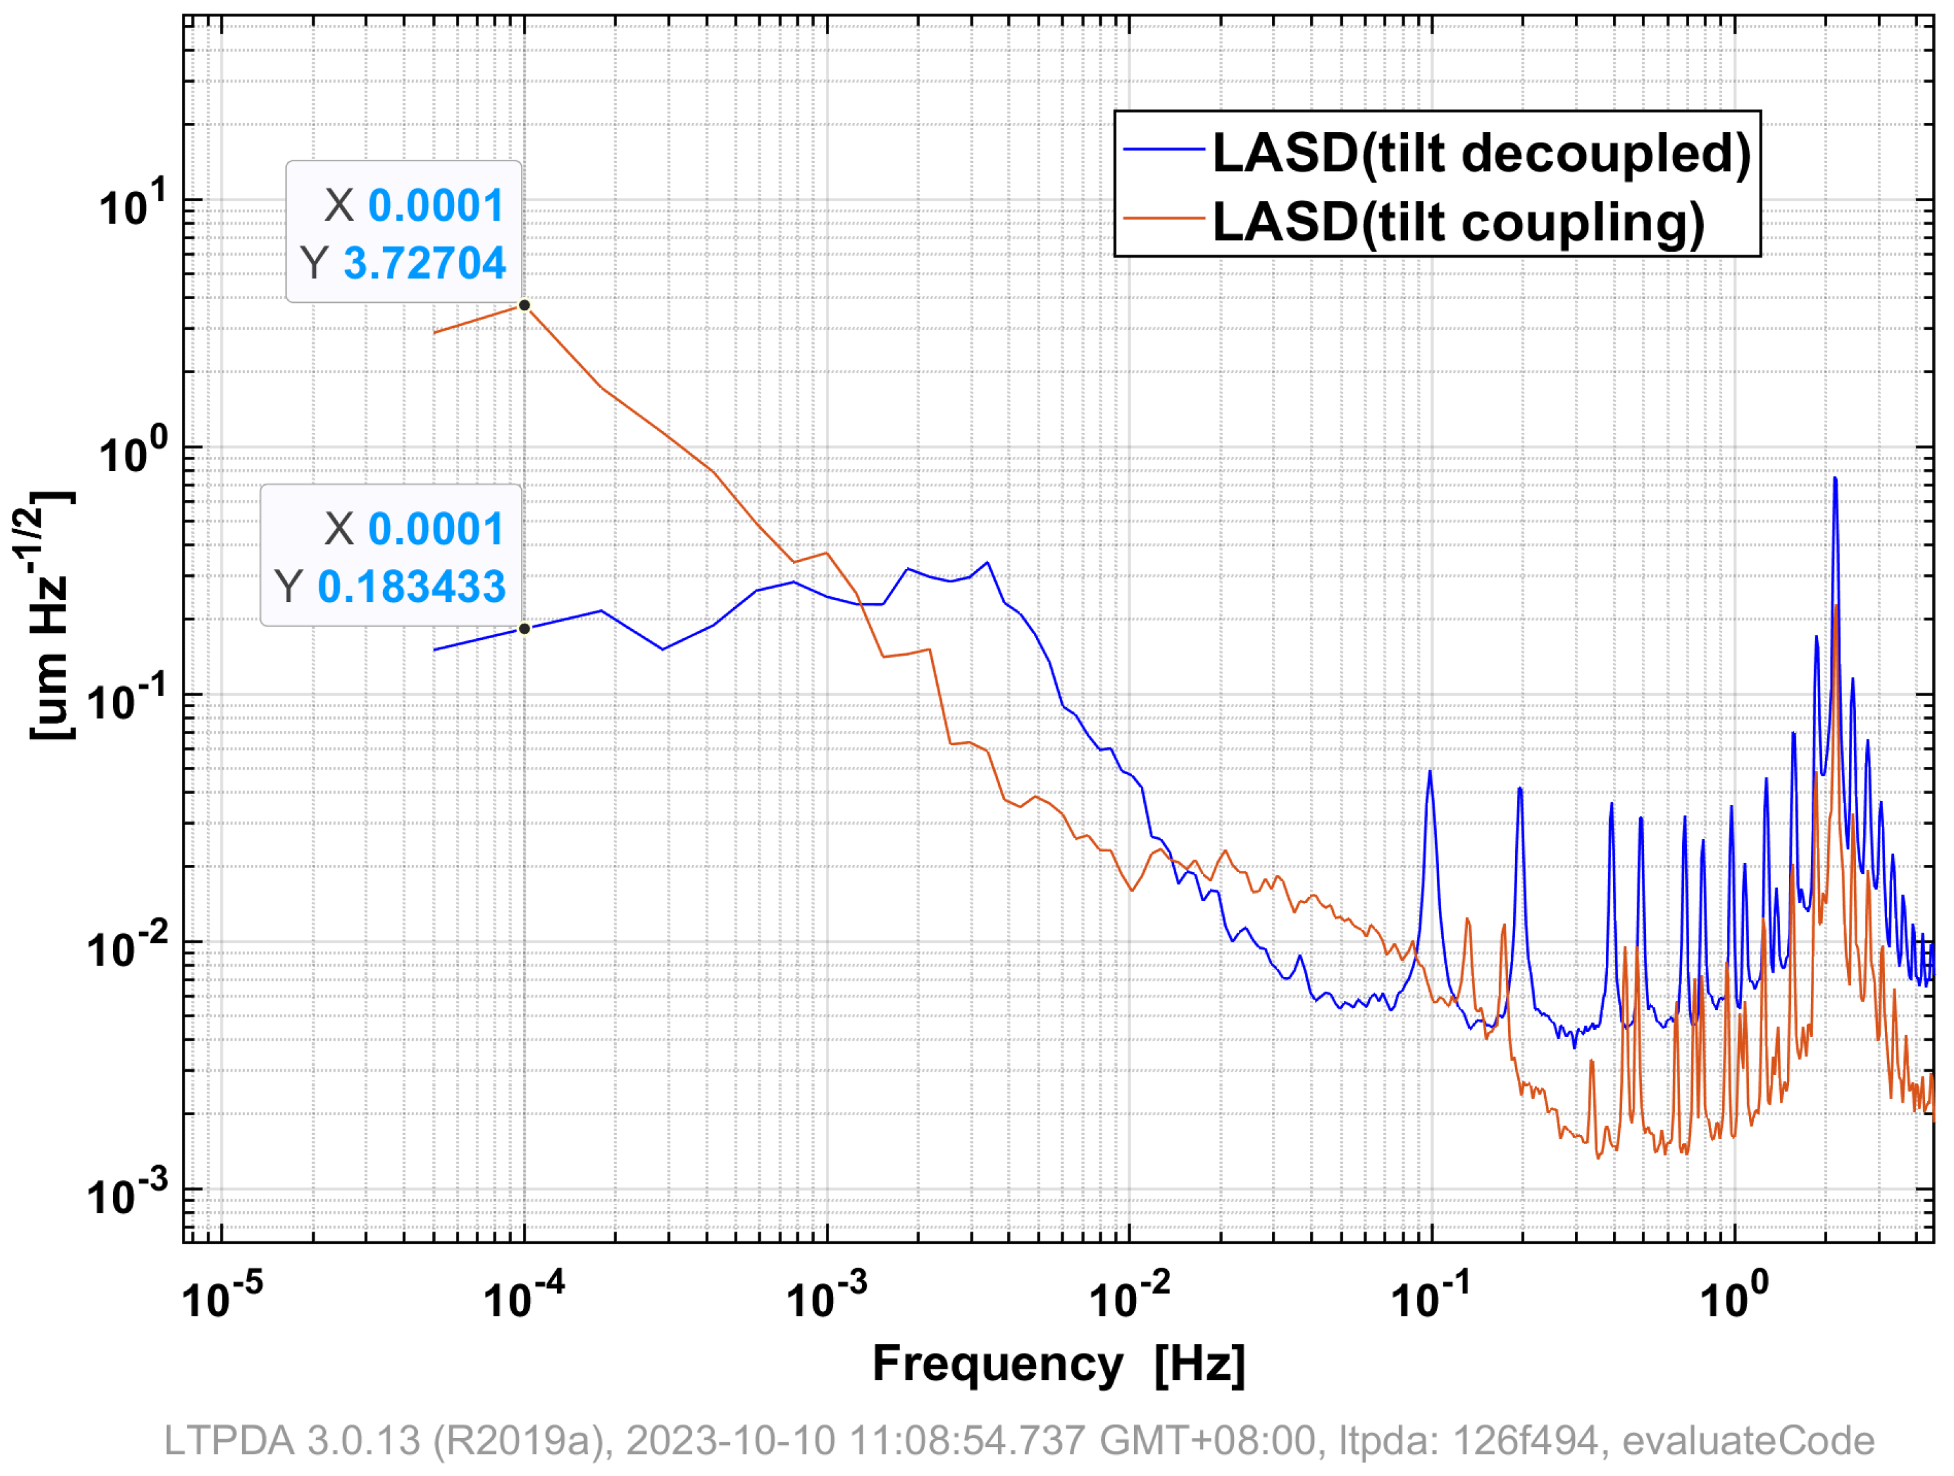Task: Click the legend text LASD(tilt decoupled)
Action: pos(1482,154)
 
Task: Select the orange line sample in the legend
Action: pos(1164,218)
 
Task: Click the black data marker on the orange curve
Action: pos(525,306)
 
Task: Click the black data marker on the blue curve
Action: pos(525,629)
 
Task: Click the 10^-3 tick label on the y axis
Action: pos(126,1195)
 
